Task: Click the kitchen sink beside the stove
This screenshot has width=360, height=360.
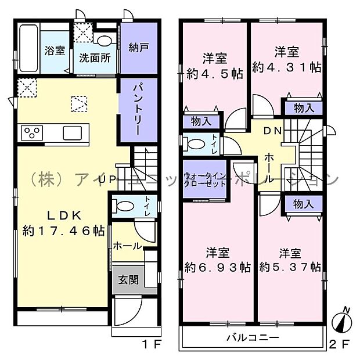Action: tap(74, 132)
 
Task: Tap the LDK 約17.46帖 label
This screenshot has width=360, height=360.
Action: tap(63, 222)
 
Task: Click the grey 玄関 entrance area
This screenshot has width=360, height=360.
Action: tap(128, 279)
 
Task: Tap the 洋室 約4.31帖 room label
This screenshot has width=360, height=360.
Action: tap(287, 59)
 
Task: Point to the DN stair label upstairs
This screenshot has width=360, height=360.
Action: tap(273, 131)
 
